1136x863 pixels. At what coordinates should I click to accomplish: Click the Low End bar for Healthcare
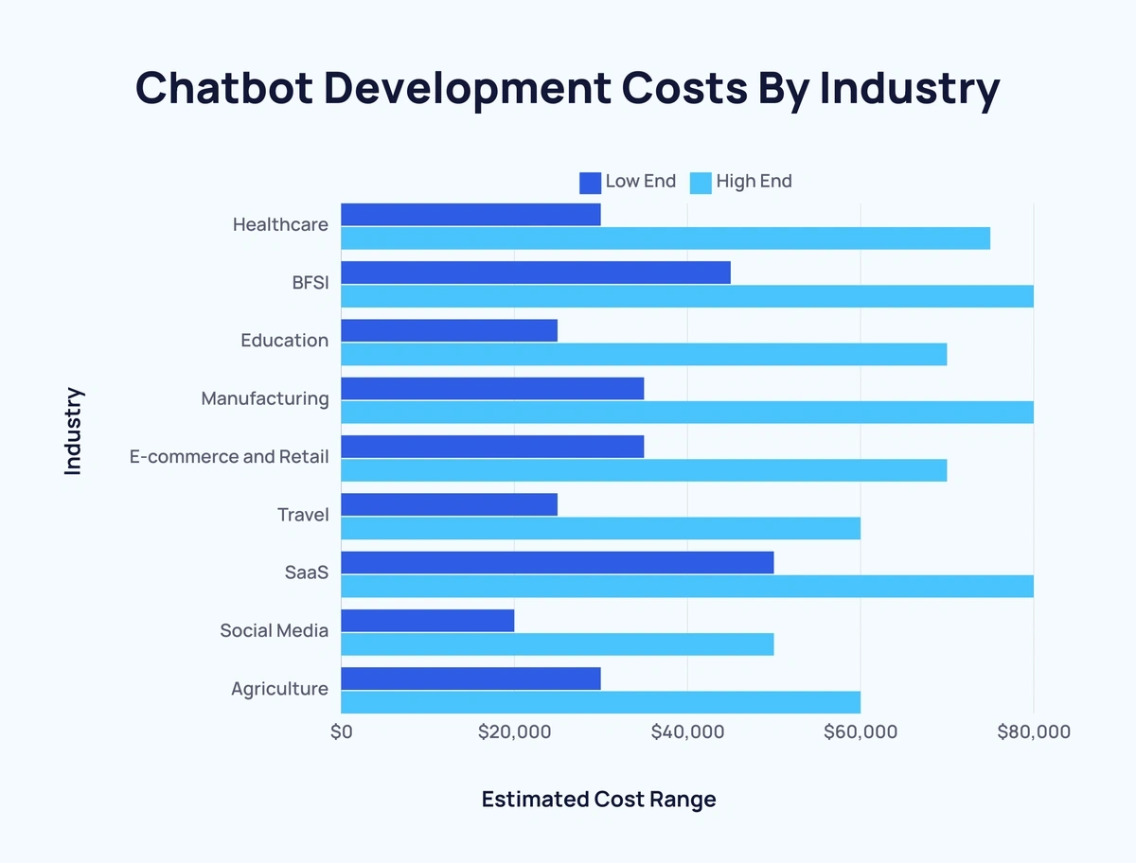(x=470, y=215)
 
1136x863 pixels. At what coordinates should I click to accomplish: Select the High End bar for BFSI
(x=686, y=296)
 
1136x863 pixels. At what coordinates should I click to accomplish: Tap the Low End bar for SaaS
(x=557, y=563)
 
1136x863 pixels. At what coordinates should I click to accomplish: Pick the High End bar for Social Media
(x=557, y=644)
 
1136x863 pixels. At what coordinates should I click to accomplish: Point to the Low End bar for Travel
(x=449, y=504)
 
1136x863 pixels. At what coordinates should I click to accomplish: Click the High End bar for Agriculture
(x=600, y=702)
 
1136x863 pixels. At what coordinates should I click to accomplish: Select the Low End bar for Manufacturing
(x=492, y=389)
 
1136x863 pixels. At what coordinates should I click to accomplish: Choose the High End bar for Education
(x=644, y=354)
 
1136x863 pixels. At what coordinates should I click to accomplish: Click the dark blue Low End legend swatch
(x=590, y=182)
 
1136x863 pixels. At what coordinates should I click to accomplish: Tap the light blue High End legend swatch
(x=701, y=182)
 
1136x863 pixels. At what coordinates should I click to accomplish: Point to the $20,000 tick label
(x=514, y=731)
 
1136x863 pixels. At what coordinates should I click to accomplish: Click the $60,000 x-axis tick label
(x=861, y=731)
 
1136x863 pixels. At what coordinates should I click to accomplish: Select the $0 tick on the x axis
(x=341, y=731)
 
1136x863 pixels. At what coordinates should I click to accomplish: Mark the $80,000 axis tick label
(x=1034, y=731)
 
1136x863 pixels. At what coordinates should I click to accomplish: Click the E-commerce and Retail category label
(x=229, y=457)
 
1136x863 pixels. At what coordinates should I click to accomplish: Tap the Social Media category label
(x=274, y=630)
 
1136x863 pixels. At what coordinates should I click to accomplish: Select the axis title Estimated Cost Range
(x=598, y=800)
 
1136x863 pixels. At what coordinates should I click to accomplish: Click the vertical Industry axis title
(x=74, y=431)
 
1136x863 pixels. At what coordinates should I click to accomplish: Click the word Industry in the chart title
(x=909, y=88)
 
